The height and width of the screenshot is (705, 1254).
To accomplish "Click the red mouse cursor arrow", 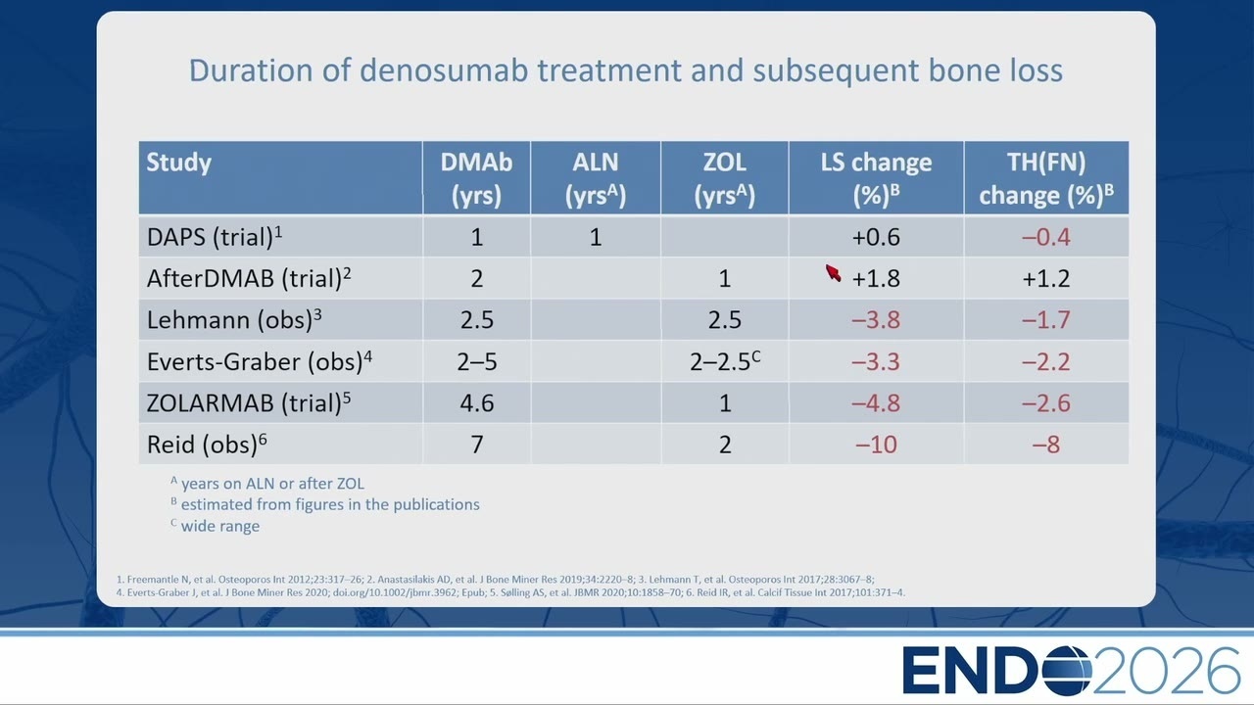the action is point(833,273).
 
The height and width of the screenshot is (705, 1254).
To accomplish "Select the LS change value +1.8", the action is point(876,278).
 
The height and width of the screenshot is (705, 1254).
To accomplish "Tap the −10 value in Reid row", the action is point(876,445).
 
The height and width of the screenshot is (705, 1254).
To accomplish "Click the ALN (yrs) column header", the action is point(595,178).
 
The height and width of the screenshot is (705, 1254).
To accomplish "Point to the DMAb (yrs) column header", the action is point(476,178).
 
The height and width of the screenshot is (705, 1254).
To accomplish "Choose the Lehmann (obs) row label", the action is point(234,319).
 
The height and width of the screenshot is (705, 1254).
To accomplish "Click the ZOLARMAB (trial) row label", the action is point(249,402).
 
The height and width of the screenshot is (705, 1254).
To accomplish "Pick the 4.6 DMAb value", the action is point(477,403).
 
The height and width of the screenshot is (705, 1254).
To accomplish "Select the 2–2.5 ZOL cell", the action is point(725,361).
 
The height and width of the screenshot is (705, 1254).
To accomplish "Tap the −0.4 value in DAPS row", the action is point(1045,237).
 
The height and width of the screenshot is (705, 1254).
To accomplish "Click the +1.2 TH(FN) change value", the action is point(1045,278).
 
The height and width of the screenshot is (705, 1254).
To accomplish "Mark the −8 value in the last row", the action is point(1045,445).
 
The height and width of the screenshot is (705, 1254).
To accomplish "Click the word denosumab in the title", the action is point(444,70).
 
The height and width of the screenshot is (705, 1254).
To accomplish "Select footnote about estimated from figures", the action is point(324,504).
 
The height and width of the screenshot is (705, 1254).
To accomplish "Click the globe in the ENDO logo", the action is point(1068,670).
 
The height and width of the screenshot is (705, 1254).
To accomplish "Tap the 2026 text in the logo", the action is point(1166,670).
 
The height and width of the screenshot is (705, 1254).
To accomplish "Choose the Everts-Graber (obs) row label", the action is point(260,361).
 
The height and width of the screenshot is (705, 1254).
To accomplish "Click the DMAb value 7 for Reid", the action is point(477,445).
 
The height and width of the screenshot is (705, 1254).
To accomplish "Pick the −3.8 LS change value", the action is point(876,320).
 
